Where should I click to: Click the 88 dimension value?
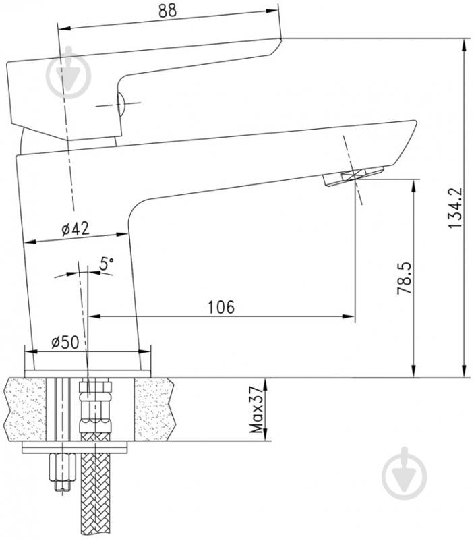point(167,10)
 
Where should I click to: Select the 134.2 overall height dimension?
point(455,208)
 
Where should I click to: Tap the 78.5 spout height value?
point(405,279)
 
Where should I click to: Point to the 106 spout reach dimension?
point(222,307)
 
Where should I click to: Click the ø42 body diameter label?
point(76,229)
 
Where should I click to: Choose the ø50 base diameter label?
point(65,342)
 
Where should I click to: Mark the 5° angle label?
point(107,264)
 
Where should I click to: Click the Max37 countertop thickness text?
point(257,409)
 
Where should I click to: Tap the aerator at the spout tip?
point(353,175)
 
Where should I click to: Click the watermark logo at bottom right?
point(405,474)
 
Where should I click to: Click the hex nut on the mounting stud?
point(62,467)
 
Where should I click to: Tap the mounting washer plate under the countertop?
point(75,447)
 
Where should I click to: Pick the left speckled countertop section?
point(26,409)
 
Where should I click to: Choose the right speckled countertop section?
point(154,409)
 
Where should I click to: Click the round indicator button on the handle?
point(120,103)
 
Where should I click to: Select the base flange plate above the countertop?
point(88,374)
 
